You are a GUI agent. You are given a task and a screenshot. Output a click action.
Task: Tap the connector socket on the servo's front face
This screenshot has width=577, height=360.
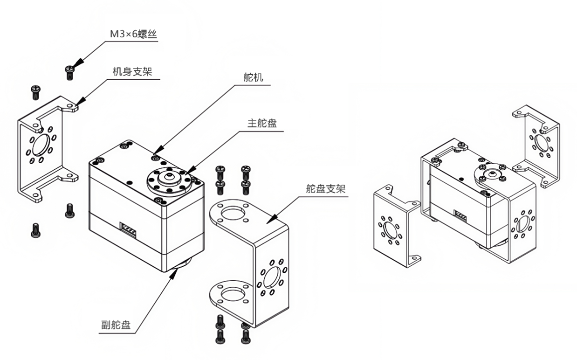(x=129, y=228)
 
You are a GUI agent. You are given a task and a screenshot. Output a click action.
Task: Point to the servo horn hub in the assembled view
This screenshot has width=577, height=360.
(x=490, y=173)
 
